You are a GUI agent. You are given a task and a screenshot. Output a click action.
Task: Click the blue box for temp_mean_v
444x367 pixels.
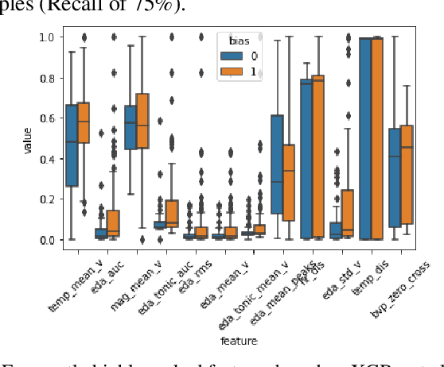pos(72,145)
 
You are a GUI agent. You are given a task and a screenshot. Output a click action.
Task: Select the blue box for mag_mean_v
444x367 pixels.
pos(130,127)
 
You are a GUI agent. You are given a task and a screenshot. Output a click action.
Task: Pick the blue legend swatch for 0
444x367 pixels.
pos(231,56)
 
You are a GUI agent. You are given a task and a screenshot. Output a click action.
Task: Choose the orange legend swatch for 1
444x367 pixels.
pos(231,71)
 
